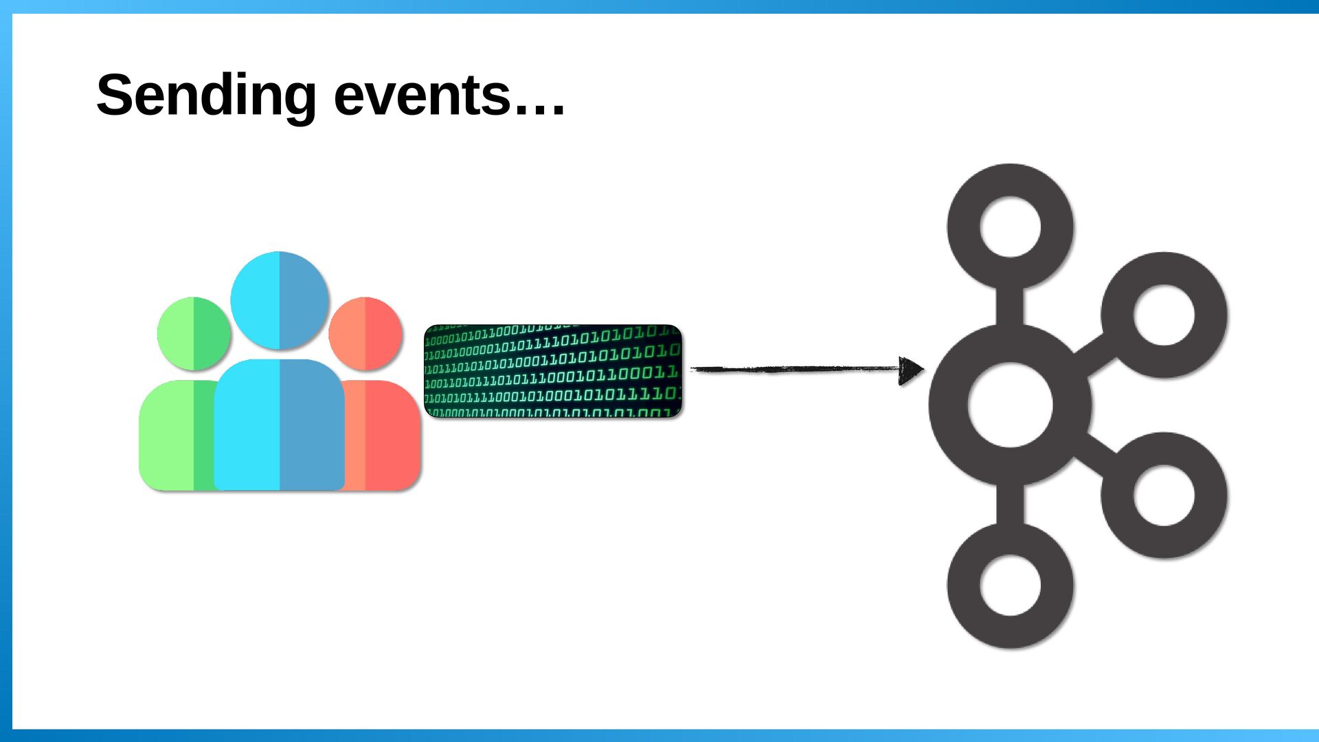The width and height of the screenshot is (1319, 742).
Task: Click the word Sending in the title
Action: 206,96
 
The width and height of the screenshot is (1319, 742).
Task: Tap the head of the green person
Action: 194,334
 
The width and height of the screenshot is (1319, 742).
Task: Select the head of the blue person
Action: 280,300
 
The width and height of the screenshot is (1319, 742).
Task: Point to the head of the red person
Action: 365,334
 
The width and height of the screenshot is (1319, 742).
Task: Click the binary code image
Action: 553,371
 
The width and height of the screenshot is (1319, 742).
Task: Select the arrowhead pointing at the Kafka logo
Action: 911,370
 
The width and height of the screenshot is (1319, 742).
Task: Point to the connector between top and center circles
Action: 1010,307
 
